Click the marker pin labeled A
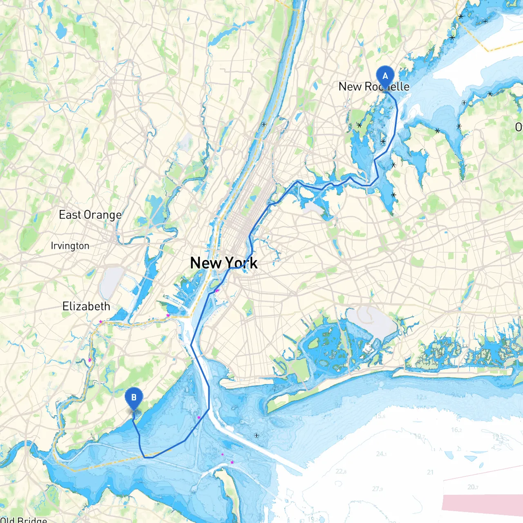click(384, 77)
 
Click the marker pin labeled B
click(134, 398)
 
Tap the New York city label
click(224, 263)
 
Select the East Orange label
click(90, 215)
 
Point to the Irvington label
click(70, 246)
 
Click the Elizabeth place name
click(86, 306)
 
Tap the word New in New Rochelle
click(350, 87)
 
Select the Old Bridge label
click(24, 519)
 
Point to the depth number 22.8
click(341, 472)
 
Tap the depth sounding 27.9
click(378, 489)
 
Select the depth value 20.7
click(473, 487)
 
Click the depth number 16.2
click(456, 430)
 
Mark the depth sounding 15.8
click(380, 416)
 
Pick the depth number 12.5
click(421, 397)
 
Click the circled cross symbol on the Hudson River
click(264, 124)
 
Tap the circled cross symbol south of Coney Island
click(257, 435)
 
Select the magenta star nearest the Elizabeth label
click(101, 322)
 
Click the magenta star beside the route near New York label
click(217, 291)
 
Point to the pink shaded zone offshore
click(482, 502)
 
